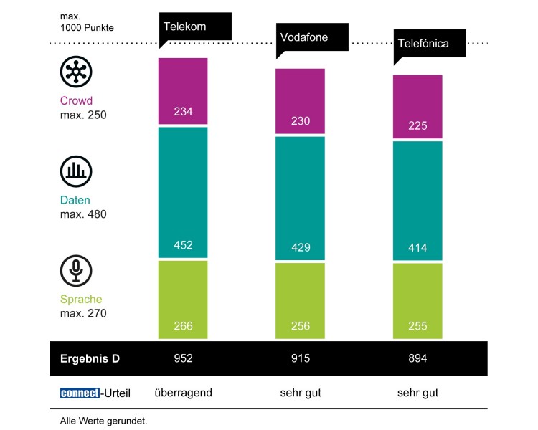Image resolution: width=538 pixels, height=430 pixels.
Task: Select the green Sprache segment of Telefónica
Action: coord(417,299)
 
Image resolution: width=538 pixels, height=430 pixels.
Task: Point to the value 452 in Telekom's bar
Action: coord(183,245)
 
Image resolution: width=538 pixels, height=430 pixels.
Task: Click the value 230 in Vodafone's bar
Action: coord(301,121)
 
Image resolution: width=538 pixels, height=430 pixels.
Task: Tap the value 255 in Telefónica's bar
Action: coord(417,326)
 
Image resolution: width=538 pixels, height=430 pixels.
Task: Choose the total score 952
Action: coord(183,358)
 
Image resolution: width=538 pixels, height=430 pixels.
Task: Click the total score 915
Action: coord(301,358)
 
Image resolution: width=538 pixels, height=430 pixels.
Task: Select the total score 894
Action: coord(417,358)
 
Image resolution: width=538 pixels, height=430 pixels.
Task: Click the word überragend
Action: coord(184,393)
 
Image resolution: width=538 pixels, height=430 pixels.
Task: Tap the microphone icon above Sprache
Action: coord(75,271)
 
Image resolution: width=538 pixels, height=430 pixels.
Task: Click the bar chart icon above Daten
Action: coord(75,171)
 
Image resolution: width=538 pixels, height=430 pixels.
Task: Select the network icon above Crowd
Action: coord(75,72)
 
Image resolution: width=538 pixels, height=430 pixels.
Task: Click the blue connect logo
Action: coord(80,393)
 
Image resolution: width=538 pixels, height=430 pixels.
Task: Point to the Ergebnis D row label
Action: coord(90,358)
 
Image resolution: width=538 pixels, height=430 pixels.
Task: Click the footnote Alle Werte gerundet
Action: coord(103,421)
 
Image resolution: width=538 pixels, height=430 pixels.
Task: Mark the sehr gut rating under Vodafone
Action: coord(301,393)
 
